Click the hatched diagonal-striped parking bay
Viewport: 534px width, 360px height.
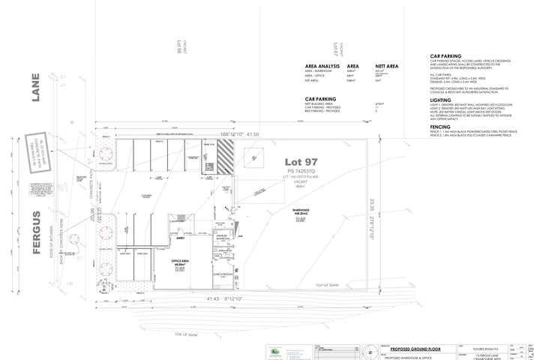224,159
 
